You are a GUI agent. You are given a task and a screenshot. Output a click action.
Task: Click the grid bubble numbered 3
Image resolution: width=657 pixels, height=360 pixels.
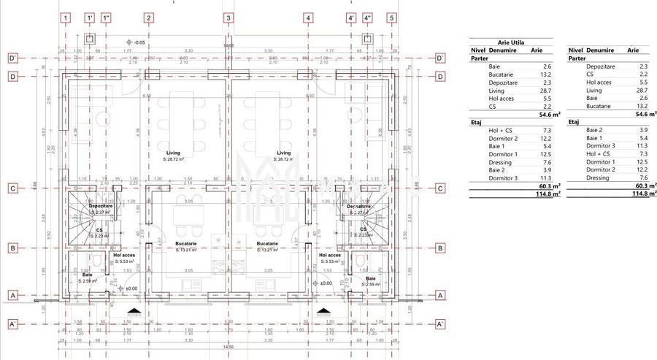tap(228, 18)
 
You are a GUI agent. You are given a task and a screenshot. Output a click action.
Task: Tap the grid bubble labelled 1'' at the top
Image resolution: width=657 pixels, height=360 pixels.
tap(107, 18)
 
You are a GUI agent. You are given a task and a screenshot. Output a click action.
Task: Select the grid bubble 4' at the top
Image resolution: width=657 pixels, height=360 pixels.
tap(351, 18)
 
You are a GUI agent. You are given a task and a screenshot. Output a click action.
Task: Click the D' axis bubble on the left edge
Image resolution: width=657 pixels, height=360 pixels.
tap(12, 58)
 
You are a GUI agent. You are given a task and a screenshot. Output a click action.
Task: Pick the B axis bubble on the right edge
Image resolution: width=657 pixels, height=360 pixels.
tap(440, 248)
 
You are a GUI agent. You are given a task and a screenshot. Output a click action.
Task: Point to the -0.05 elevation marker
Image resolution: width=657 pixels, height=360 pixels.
tap(138, 42)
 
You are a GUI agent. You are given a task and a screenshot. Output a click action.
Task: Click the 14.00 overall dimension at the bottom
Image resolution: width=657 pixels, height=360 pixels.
tap(228, 347)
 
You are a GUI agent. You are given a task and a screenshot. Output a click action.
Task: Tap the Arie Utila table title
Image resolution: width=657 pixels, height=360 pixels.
tap(511, 42)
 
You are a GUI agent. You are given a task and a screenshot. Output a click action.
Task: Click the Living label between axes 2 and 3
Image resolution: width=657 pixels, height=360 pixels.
tap(172, 153)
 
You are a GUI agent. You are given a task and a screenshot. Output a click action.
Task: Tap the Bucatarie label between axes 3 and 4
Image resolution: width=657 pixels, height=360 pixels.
tap(266, 243)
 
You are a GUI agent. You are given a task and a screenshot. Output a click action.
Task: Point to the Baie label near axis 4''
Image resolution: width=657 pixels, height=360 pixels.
tap(370, 278)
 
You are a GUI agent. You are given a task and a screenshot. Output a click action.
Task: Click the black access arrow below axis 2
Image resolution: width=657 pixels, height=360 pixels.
tap(134, 311)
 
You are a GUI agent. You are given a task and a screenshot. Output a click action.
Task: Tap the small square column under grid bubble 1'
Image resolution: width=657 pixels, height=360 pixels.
tap(89, 37)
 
